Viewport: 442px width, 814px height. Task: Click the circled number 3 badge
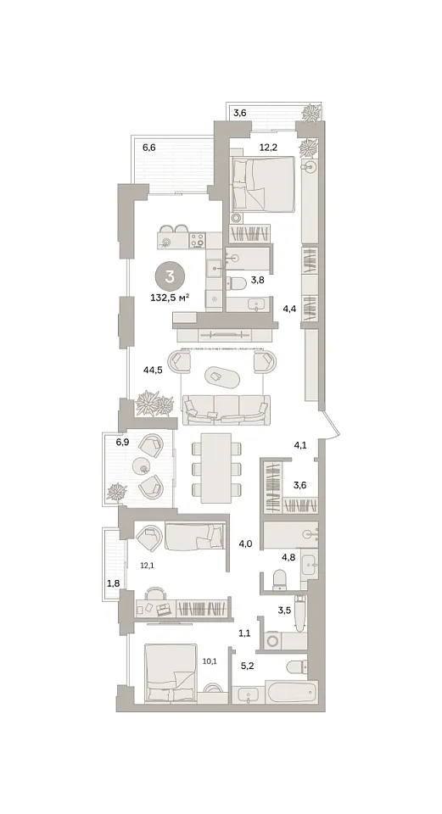click(x=170, y=276)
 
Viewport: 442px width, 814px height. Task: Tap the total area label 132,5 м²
click(x=170, y=298)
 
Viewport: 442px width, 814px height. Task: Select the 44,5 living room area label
click(x=154, y=371)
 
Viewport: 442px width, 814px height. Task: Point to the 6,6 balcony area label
click(x=149, y=148)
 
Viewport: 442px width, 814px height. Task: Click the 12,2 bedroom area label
click(x=269, y=148)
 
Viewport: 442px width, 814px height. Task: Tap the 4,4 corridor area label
click(x=288, y=309)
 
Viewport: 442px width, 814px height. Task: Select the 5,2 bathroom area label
click(x=247, y=666)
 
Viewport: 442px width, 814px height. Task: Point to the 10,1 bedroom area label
click(x=210, y=661)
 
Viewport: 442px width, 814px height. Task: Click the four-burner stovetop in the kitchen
click(x=198, y=240)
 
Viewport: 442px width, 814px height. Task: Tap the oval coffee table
click(x=222, y=376)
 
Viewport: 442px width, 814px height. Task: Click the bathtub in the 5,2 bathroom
click(x=290, y=693)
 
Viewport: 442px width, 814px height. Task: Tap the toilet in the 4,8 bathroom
click(x=279, y=579)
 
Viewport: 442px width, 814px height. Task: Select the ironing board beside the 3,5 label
click(x=299, y=614)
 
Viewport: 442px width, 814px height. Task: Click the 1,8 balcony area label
click(x=113, y=584)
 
